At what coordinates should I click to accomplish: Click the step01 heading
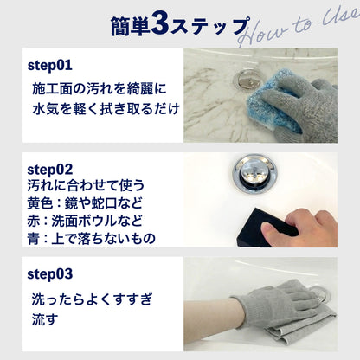click(49, 65)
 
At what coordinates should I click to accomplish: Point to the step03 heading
click(50, 274)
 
